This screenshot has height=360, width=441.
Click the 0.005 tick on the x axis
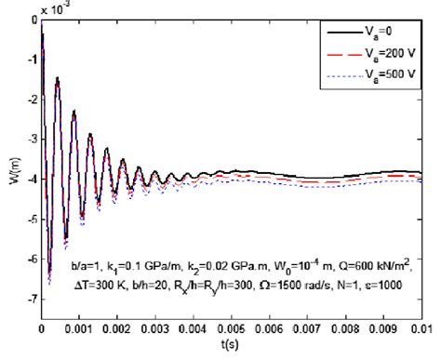[233, 328]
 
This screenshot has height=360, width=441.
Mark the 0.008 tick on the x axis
[348, 328]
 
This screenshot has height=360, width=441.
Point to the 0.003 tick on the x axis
[156, 328]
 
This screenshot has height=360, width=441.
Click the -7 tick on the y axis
[32, 300]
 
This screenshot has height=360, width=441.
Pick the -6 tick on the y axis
[32, 260]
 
